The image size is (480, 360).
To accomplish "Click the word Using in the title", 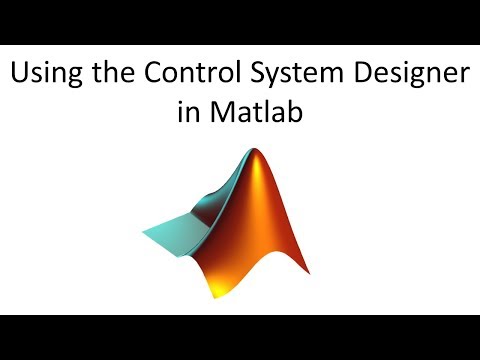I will tap(41, 75).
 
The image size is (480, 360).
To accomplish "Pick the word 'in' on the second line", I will tap(187, 112).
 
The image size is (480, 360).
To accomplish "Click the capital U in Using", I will tap(17, 75).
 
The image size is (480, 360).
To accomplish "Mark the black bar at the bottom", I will tap(240, 337).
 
